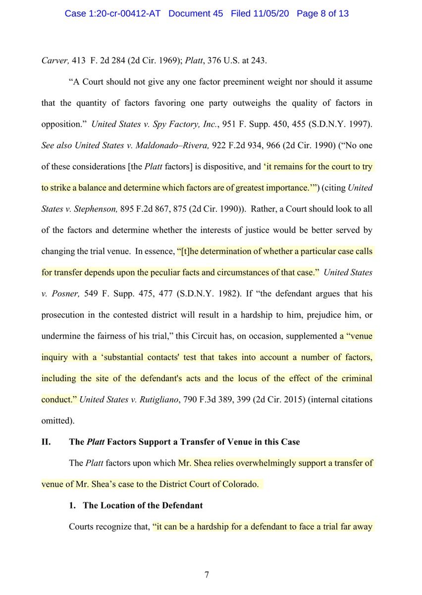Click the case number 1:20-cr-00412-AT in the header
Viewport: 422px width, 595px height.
point(117,13)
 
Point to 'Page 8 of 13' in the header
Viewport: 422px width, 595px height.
point(322,13)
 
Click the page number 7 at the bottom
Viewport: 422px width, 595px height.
point(208,575)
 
